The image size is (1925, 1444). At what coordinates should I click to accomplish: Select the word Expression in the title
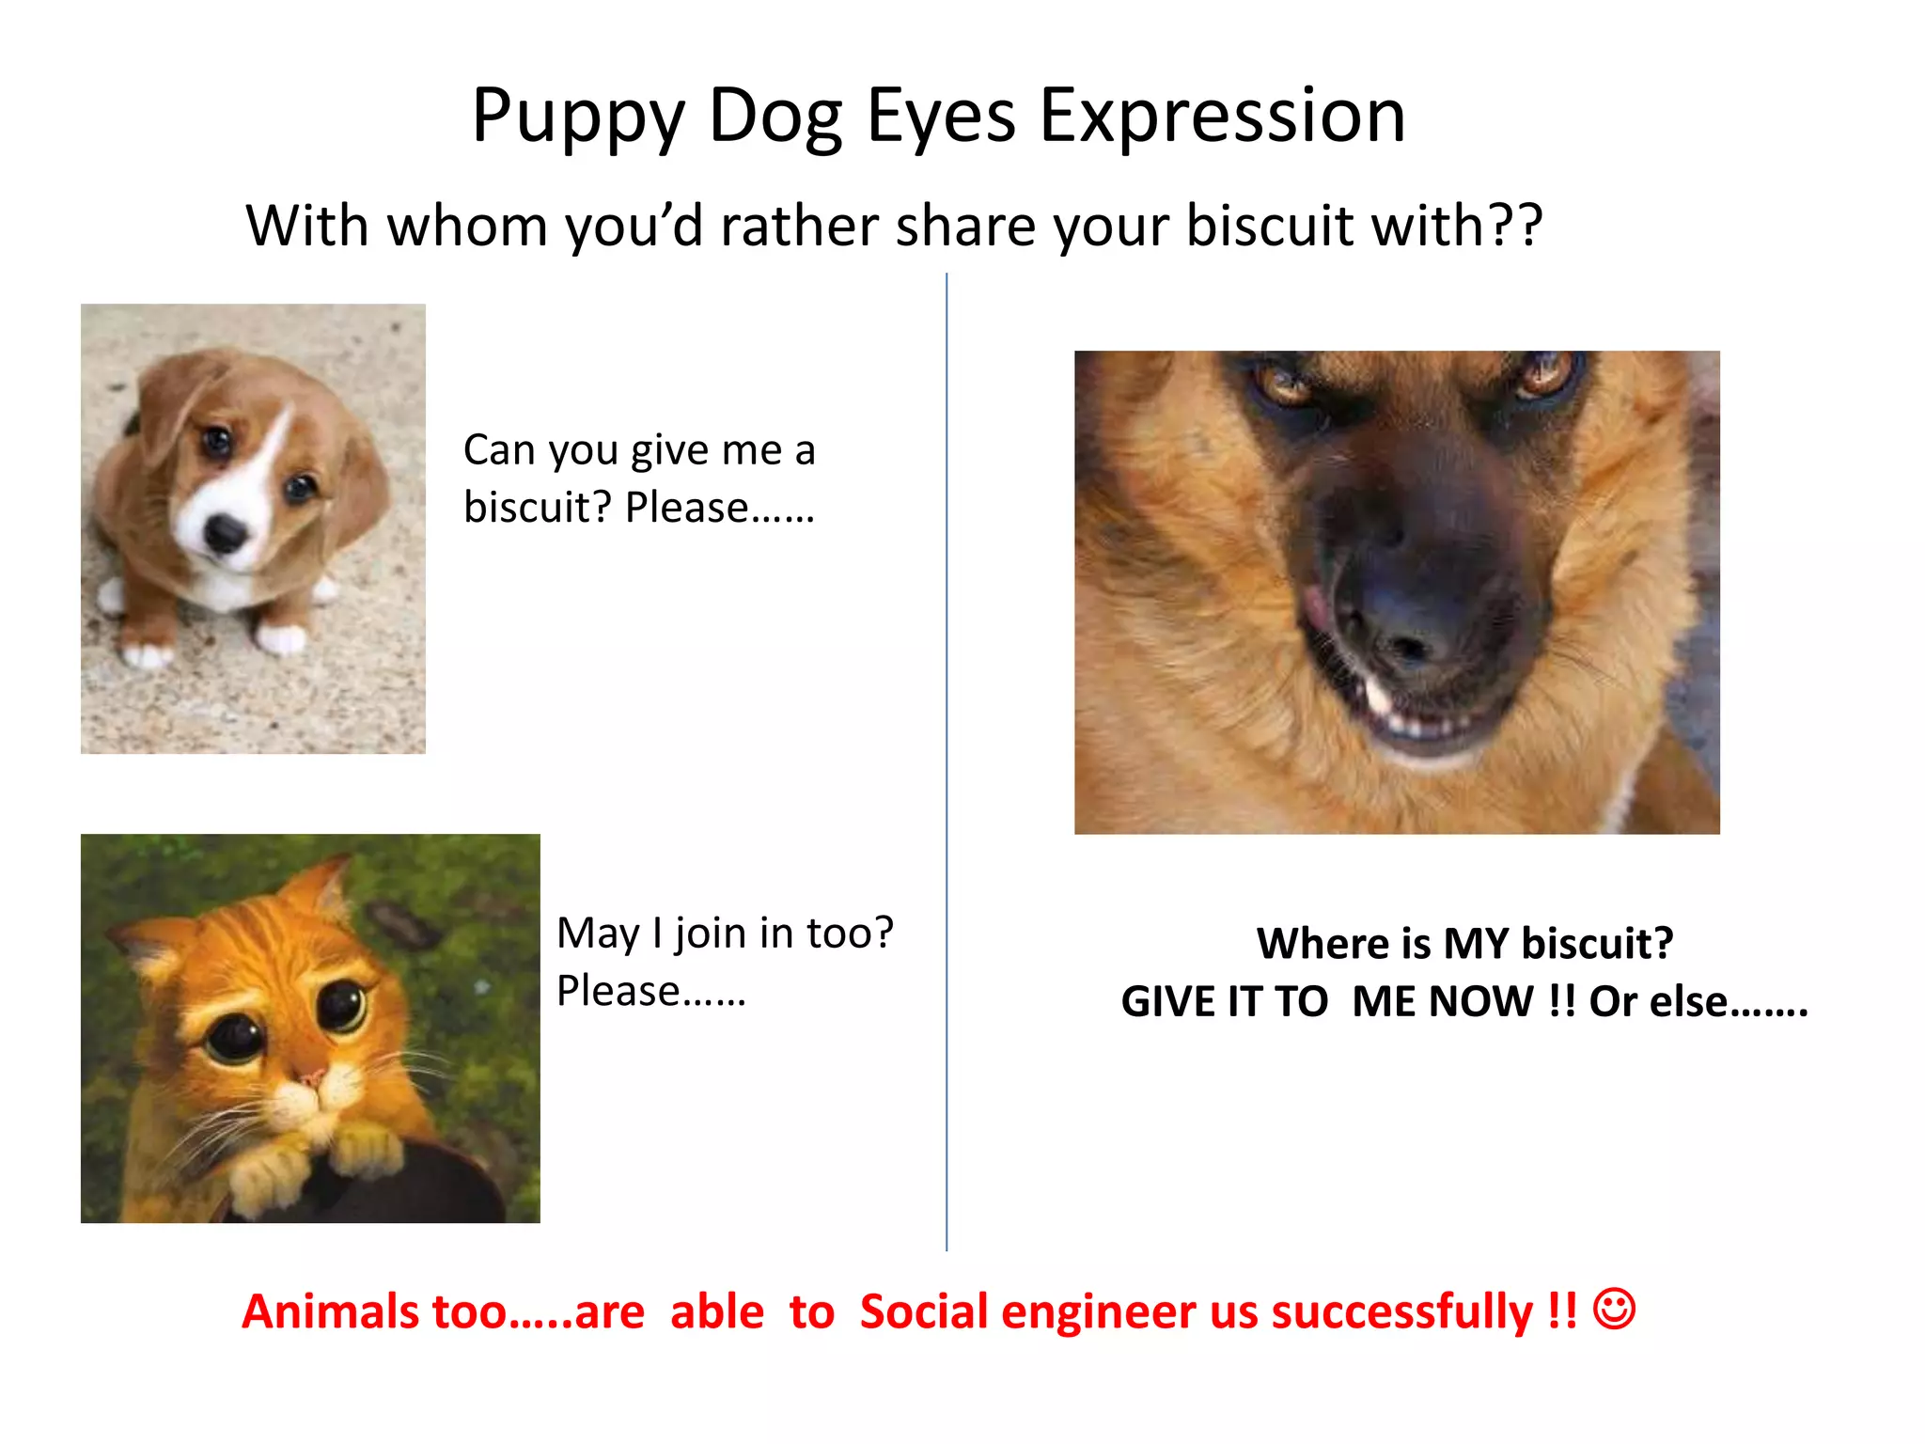[1222, 118]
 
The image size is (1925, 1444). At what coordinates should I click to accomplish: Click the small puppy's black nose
[226, 533]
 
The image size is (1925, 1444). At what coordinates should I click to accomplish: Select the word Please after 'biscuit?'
[686, 509]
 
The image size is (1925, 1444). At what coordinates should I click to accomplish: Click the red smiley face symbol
[1614, 1309]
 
